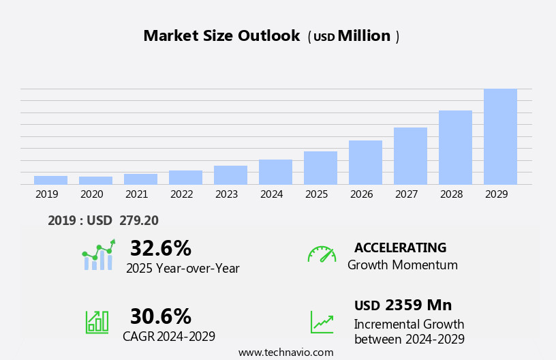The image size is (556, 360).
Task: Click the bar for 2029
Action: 500,136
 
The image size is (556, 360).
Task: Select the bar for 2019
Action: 50,180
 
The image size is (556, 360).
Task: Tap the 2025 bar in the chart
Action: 320,168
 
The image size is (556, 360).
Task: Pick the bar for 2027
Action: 410,155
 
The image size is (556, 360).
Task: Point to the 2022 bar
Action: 185,177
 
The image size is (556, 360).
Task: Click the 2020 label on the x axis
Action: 92,194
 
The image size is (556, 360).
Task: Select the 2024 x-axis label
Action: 272,194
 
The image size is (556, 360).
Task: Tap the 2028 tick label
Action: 452,194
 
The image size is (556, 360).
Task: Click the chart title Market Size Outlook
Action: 221,36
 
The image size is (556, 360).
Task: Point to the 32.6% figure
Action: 161,249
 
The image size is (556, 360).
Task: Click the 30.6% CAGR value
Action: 161,316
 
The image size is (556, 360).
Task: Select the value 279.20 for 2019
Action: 139,220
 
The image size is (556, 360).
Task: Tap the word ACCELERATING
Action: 400,248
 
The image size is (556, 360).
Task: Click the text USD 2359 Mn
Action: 403,305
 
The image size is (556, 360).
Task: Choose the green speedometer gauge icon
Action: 322,254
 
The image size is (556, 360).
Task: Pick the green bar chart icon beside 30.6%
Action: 97,322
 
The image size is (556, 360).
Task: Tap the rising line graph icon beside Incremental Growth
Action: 322,322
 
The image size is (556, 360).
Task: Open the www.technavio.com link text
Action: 285,352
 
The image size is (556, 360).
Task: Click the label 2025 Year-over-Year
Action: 183,269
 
